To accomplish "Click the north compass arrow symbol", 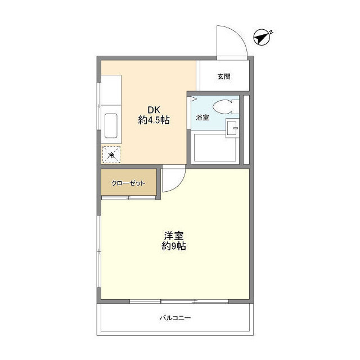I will click(261, 38).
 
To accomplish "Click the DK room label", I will click(154, 110).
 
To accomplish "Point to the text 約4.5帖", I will click(154, 120).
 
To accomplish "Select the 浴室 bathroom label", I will click(202, 118).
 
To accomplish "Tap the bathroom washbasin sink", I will click(232, 128).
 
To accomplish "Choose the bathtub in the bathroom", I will click(215, 148).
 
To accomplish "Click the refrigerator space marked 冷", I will click(111, 155).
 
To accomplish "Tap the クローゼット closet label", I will click(128, 183).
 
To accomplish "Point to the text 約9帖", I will click(174, 246).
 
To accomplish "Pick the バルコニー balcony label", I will click(175, 318).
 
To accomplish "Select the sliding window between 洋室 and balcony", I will click(179, 301).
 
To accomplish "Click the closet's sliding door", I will click(129, 197).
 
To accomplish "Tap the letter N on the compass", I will click(271, 32).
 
